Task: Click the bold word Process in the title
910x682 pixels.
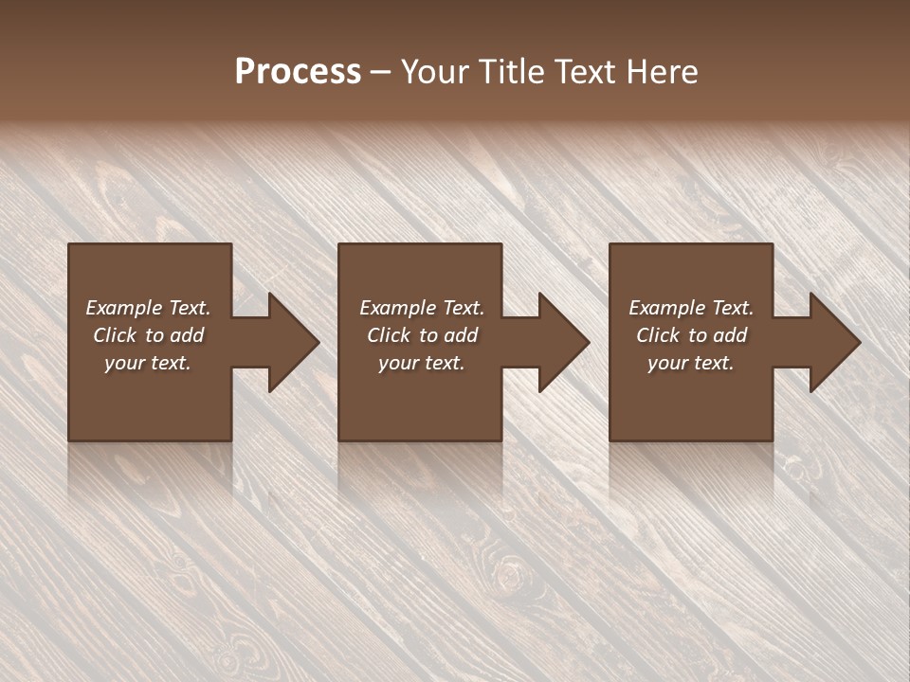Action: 298,72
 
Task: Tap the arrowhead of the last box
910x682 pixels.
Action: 833,343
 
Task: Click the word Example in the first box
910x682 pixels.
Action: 123,308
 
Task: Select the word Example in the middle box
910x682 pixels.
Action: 396,308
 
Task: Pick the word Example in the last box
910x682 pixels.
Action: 665,308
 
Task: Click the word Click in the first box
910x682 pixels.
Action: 115,335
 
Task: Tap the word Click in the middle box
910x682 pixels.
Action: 389,335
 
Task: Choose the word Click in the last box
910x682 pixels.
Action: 658,335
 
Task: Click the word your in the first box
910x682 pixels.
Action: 124,363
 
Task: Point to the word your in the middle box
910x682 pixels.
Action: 398,363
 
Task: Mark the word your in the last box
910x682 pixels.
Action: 667,363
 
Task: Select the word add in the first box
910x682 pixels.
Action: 188,335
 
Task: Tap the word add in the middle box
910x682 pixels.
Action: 462,335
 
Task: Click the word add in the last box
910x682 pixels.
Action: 731,335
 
